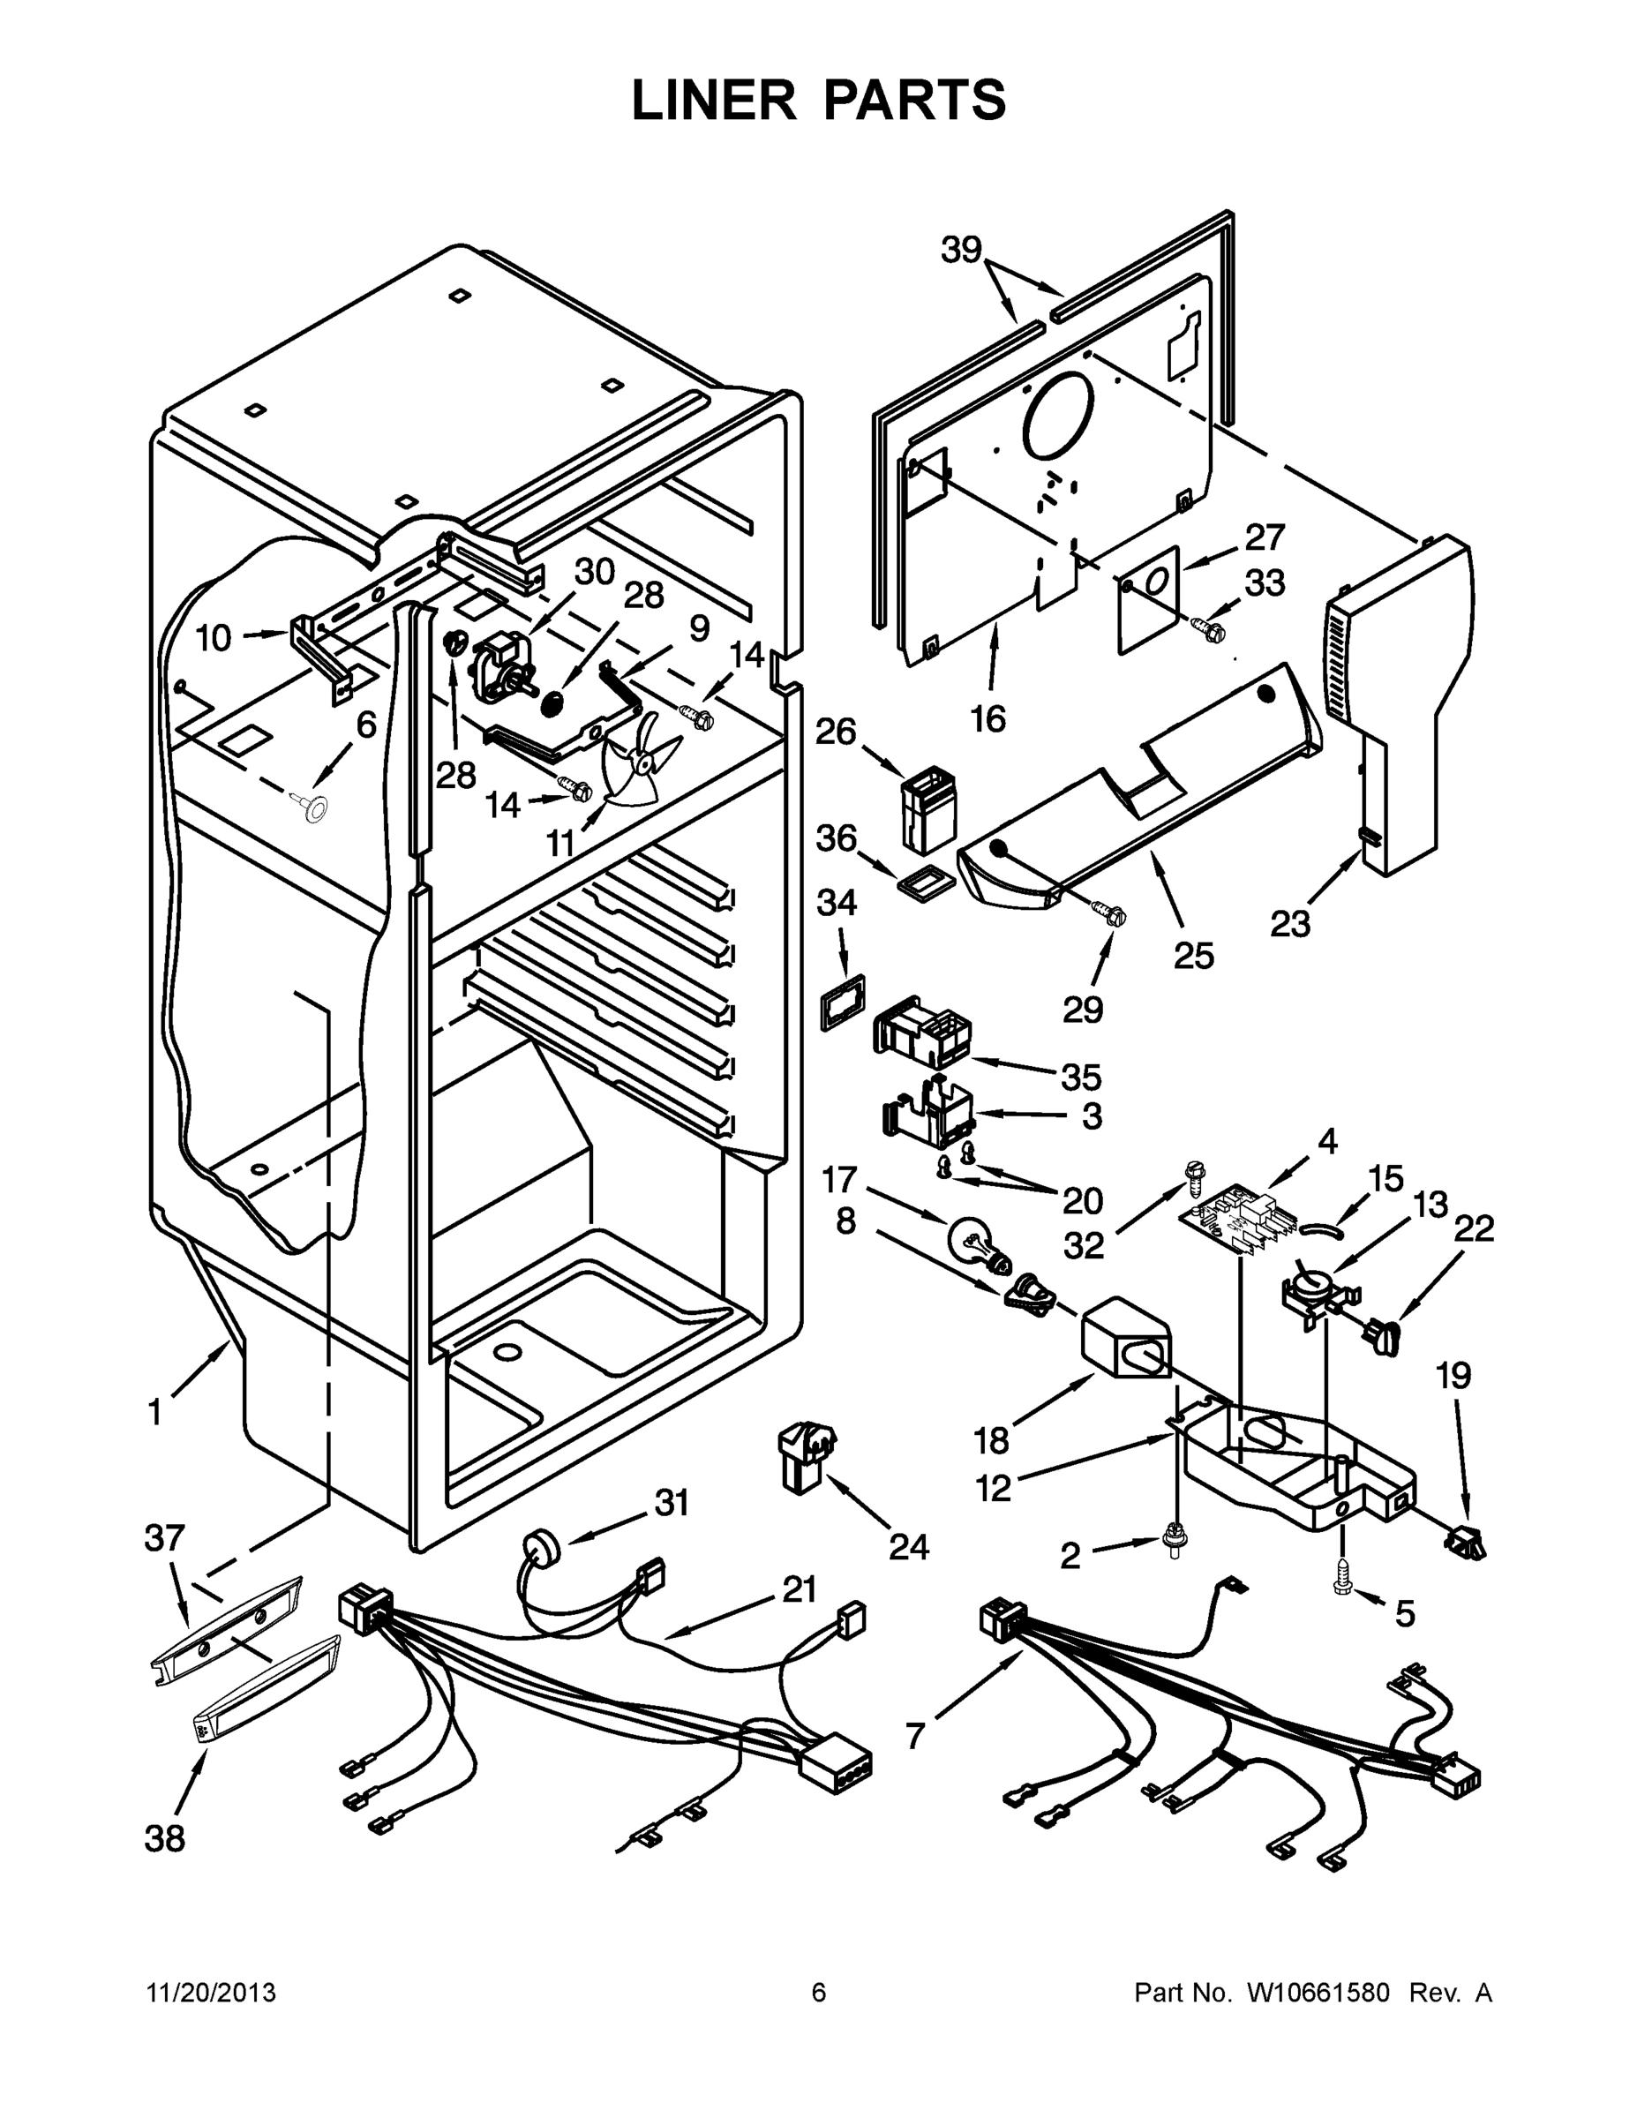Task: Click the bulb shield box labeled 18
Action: coord(1125,1343)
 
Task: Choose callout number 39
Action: coord(961,251)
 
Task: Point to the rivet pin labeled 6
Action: coord(313,807)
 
